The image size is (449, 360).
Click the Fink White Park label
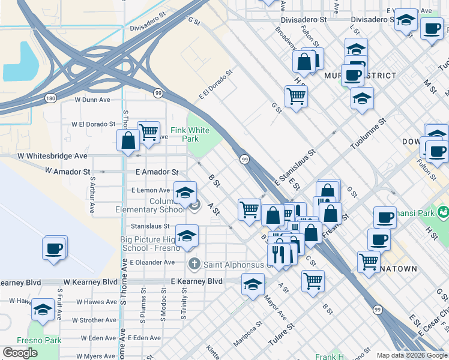click(190, 134)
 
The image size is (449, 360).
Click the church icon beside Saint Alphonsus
click(194, 263)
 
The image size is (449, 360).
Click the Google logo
click(20, 353)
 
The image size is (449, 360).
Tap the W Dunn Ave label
click(92, 100)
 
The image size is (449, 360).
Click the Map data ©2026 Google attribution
click(411, 355)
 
